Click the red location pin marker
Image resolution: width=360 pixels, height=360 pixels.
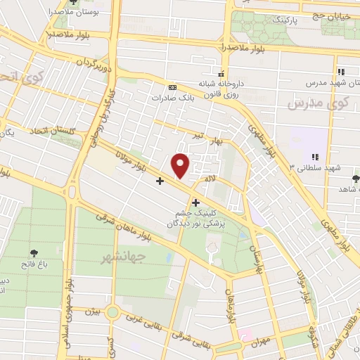tap(181, 165)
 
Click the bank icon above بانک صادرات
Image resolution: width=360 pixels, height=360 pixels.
tap(166, 87)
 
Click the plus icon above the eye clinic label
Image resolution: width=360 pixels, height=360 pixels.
tap(195, 203)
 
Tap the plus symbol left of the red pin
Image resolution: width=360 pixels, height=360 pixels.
tap(160, 181)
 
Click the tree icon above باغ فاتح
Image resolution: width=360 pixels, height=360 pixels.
tap(34, 252)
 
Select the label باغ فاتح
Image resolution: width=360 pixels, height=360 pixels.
tap(33, 265)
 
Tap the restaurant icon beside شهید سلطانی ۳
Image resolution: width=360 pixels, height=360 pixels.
tap(315, 157)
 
